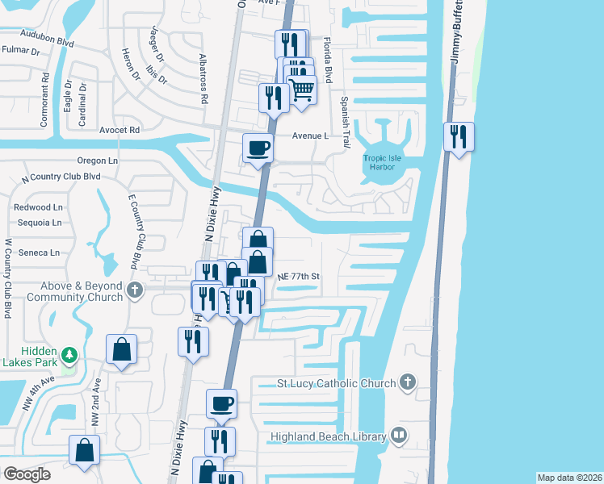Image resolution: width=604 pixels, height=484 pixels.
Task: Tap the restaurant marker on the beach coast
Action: (x=459, y=136)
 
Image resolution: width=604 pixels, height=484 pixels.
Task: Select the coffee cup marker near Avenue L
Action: (x=258, y=148)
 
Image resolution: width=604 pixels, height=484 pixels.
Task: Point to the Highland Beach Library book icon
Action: (x=399, y=436)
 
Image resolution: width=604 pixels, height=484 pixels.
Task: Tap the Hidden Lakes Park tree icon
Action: (x=69, y=354)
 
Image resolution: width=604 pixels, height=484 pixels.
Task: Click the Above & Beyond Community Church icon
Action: (x=136, y=288)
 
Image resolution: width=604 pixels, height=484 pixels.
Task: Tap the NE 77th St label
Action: (x=299, y=277)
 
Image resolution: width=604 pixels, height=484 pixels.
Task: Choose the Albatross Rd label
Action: (x=203, y=79)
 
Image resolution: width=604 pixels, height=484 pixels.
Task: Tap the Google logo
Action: (x=27, y=474)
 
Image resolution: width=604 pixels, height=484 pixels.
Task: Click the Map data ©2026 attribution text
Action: (x=568, y=478)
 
